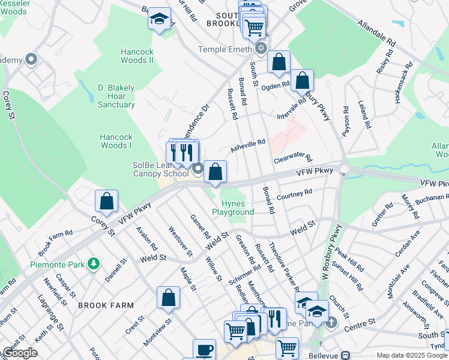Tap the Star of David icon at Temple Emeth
pyautogui.click(x=261, y=48)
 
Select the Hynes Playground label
pyautogui.click(x=232, y=208)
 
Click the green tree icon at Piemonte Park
pyautogui.click(x=93, y=263)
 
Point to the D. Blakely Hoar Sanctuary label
pyautogui.click(x=116, y=96)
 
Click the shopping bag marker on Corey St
pyautogui.click(x=106, y=202)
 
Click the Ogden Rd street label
pyautogui.click(x=276, y=85)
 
